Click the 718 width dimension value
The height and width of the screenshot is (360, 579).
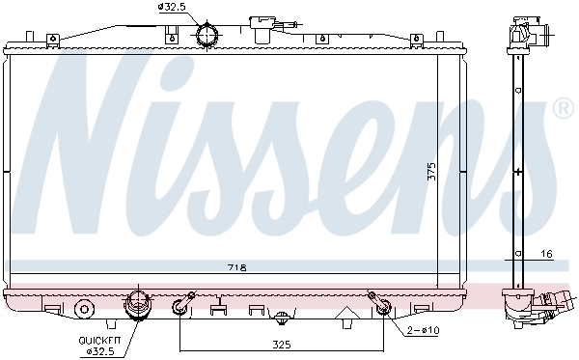click(x=236, y=266)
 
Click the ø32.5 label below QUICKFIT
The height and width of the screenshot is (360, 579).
click(x=100, y=351)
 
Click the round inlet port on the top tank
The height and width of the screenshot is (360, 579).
click(x=207, y=35)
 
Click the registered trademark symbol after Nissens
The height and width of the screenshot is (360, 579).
click(x=562, y=109)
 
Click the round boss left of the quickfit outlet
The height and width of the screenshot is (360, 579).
click(x=85, y=310)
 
